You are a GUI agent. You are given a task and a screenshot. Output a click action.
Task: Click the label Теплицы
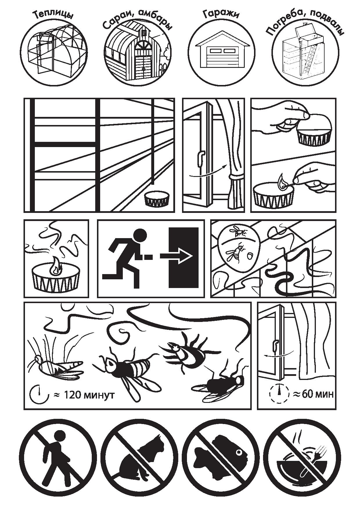tap(53, 15)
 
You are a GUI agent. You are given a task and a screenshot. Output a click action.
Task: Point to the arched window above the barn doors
tap(143, 46)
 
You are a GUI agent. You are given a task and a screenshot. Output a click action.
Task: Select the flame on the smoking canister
tap(55, 266)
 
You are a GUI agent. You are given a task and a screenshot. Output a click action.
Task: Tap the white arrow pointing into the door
tap(176, 256)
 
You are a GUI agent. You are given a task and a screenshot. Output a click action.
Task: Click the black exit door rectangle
tap(184, 258)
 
